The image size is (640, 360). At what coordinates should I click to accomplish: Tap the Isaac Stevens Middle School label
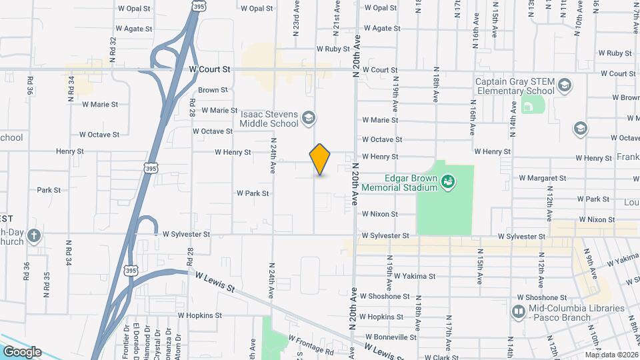(x=269, y=119)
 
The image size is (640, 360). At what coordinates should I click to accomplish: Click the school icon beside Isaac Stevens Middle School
(x=309, y=119)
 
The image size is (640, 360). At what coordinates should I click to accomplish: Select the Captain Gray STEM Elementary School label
(x=514, y=86)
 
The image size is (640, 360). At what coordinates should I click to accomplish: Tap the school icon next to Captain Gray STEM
(x=565, y=85)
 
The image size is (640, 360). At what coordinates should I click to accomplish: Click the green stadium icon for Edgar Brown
(x=449, y=180)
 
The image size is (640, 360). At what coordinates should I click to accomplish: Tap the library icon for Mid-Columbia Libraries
(x=519, y=311)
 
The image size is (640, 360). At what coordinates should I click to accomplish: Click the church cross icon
(x=34, y=235)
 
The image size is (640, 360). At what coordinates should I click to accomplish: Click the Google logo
(x=22, y=352)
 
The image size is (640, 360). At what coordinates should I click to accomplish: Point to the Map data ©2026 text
(x=611, y=355)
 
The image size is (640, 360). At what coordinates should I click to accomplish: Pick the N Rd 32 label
(x=113, y=49)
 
